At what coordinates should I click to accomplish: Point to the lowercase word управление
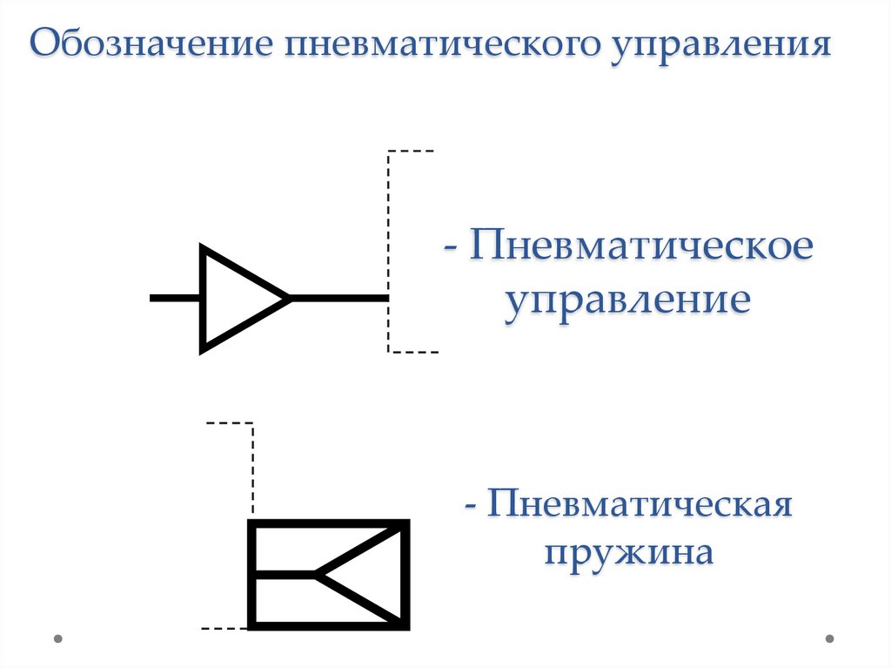(x=627, y=300)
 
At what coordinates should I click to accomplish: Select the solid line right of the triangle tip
(x=339, y=298)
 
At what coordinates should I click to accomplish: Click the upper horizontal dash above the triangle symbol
(x=411, y=152)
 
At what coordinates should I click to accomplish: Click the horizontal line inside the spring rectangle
(x=284, y=575)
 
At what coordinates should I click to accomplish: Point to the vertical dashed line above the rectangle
(x=253, y=470)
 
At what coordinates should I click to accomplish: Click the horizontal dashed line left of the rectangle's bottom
(x=224, y=627)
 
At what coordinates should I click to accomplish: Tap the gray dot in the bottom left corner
(x=58, y=638)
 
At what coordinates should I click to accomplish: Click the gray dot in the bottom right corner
(x=829, y=638)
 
